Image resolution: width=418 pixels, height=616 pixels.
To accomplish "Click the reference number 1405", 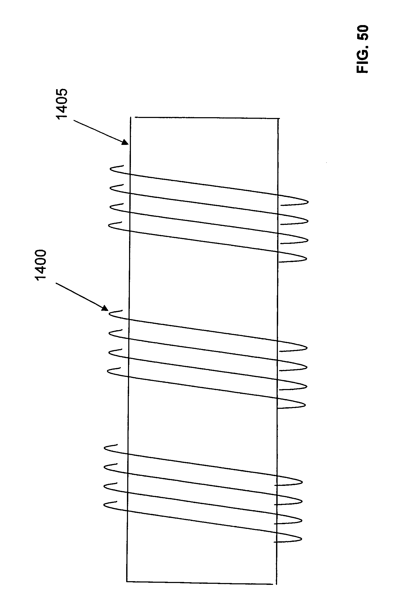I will [x=62, y=105].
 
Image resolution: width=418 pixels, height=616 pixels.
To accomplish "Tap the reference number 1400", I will [x=41, y=265].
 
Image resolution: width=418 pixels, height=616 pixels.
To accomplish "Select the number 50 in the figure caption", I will [x=362, y=32].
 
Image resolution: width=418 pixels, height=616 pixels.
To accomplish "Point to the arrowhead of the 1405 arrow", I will [x=126, y=143].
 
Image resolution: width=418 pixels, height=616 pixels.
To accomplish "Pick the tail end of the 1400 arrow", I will [x=56, y=284].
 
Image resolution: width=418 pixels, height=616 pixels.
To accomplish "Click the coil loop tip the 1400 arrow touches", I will [x=110, y=314].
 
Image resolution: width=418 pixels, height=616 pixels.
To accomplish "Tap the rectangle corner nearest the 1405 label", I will [x=131, y=117].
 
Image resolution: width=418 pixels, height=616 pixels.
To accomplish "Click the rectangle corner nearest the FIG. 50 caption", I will [x=279, y=118].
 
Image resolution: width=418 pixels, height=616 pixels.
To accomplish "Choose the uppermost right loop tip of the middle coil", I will [x=307, y=348].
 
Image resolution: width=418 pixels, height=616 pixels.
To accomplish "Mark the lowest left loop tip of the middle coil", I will [x=108, y=371].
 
